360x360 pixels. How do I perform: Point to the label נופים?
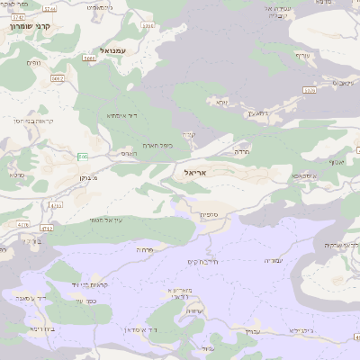click(34, 63)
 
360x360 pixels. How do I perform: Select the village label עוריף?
click(302, 55)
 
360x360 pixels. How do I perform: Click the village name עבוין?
click(252, 332)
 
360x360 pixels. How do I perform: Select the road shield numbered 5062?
click(58, 79)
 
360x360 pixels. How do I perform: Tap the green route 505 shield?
click(83, 157)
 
